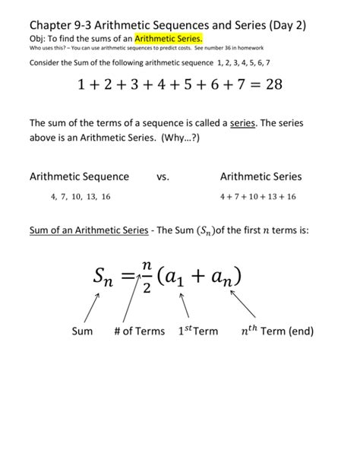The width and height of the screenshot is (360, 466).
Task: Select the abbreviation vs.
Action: click(x=163, y=176)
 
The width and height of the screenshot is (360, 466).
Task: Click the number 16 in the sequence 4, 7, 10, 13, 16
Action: click(x=105, y=196)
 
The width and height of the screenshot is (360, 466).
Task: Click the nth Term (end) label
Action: click(x=276, y=331)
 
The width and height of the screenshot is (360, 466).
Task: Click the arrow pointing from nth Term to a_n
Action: click(x=246, y=306)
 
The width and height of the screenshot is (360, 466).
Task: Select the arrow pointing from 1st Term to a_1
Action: click(x=183, y=306)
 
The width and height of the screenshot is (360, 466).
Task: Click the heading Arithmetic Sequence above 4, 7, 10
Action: click(x=79, y=176)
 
